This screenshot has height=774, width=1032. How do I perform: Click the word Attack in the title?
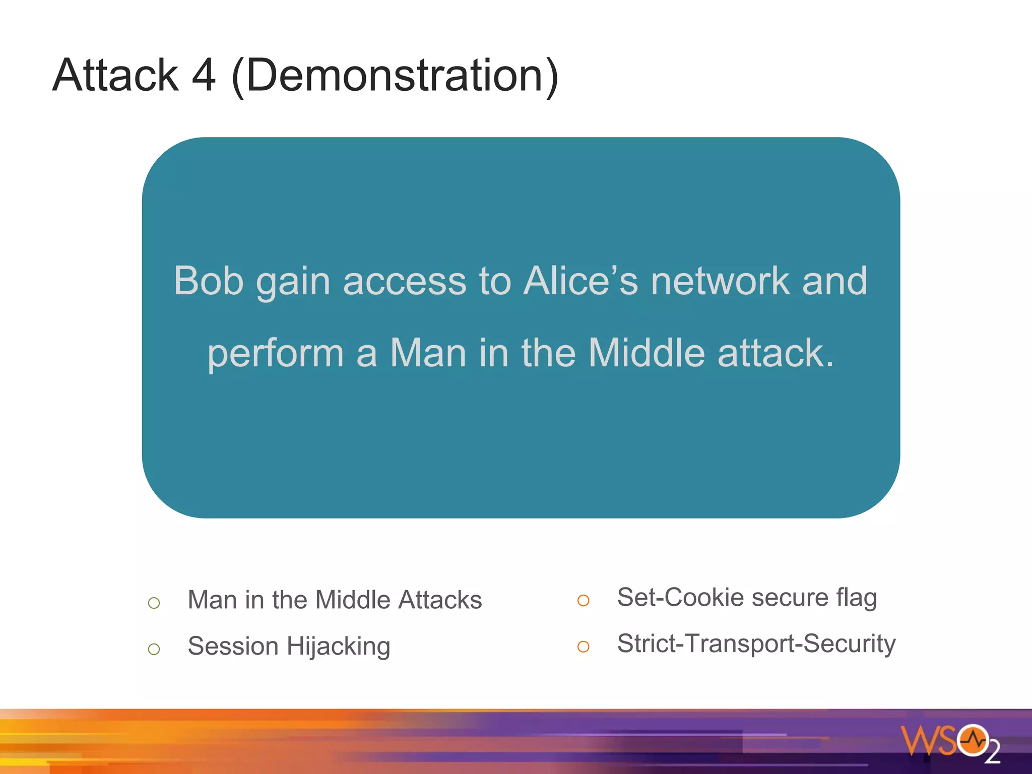coord(115,75)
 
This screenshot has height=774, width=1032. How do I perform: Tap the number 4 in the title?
coord(204,75)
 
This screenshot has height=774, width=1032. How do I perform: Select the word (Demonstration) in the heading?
coord(395,76)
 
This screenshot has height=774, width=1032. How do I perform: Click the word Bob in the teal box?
coord(209,281)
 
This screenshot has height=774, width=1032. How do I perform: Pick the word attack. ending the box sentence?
coord(776,353)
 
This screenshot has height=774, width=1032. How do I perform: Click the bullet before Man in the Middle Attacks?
coord(154,603)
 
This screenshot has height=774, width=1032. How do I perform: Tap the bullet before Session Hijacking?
coord(154,649)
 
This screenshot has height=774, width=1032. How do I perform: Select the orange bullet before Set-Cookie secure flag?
coord(583,600)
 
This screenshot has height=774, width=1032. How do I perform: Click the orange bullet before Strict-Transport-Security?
coord(583,647)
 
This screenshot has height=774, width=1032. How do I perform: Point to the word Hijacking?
coord(339,647)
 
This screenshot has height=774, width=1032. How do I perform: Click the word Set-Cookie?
coord(680,598)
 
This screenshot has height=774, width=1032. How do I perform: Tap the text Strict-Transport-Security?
coord(756,643)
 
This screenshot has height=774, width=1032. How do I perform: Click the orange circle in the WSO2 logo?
coord(973,741)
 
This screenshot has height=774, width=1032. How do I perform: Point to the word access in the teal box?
coord(405,281)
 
